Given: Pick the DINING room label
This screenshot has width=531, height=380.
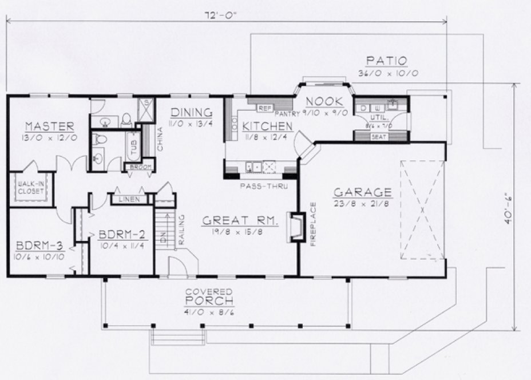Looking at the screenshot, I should [192, 113].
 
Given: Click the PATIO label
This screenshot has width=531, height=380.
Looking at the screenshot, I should [387, 61].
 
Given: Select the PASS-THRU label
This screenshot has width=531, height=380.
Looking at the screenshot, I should [260, 186].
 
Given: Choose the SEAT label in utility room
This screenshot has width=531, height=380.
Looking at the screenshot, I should [378, 137].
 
